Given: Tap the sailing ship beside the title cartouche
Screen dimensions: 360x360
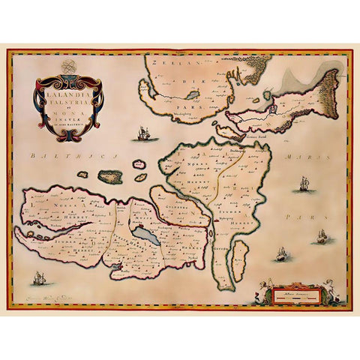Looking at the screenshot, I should [140, 135].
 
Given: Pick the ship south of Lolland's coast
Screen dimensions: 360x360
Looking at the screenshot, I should [37, 282].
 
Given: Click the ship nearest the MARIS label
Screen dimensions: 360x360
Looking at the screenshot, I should [304, 184].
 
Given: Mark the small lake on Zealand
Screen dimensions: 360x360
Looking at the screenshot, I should [192, 96].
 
